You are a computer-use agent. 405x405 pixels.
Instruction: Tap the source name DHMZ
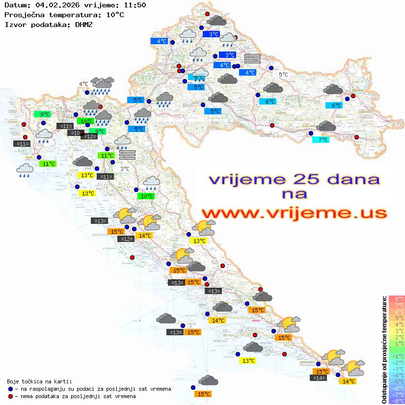[84, 24]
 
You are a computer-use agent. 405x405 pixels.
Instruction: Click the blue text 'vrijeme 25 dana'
[294, 179]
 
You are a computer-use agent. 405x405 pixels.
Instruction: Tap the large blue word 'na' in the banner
[294, 194]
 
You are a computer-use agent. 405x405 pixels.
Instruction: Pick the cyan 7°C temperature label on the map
[321, 140]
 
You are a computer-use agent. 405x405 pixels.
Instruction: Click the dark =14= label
[319, 378]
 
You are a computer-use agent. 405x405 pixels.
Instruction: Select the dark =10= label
[75, 133]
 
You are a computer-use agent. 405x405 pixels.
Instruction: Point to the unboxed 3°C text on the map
[125, 169]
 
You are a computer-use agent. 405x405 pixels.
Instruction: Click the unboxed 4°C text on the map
[83, 84]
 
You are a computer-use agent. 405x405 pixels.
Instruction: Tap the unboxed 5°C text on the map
[283, 75]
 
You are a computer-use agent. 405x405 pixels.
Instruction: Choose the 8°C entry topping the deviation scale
[396, 298]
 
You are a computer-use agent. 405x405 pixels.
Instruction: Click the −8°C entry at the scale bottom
[396, 401]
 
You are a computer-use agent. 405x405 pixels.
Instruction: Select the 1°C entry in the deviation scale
[396, 344]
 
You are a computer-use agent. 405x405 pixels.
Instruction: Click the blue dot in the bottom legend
[10, 389]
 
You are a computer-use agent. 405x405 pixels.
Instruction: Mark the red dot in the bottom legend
[10, 396]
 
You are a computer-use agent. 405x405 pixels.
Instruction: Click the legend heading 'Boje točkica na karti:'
[39, 381]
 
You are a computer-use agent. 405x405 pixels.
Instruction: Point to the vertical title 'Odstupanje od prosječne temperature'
[384, 350]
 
